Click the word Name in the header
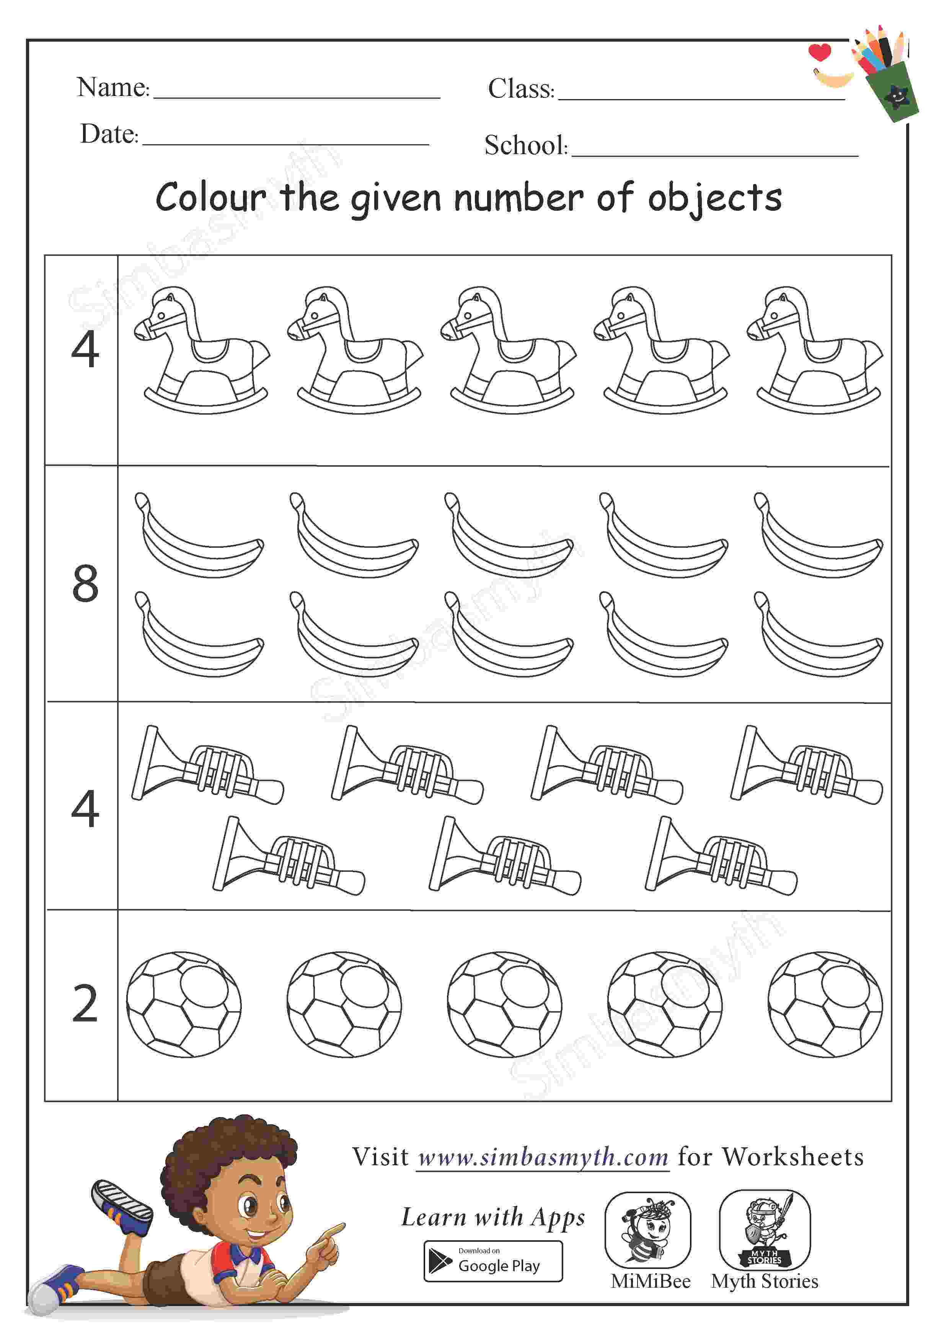(112, 87)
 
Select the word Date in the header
(109, 134)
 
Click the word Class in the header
(520, 89)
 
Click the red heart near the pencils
(820, 52)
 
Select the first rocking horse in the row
(202, 350)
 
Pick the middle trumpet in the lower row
(505, 856)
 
